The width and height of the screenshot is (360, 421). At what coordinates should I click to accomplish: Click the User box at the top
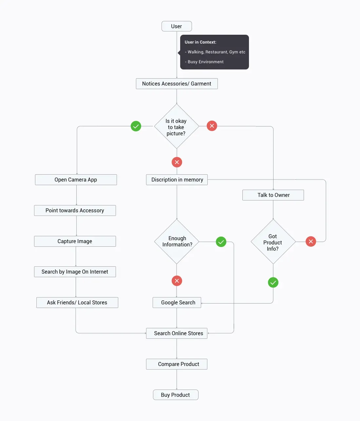coord(177,26)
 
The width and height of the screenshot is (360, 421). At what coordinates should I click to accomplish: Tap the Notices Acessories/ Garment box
coord(177,84)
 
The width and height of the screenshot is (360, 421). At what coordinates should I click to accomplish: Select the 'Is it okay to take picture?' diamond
coord(177,126)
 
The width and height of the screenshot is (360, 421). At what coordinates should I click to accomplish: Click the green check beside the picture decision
coord(136,126)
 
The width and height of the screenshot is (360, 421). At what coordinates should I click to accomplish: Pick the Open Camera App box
coord(76,180)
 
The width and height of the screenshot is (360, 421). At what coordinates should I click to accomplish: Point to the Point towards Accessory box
coord(75,210)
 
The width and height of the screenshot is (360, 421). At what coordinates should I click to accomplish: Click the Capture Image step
coord(75,241)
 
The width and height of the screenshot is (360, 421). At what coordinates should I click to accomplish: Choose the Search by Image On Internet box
coord(75,272)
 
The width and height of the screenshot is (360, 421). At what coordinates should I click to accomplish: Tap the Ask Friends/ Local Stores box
coord(77,302)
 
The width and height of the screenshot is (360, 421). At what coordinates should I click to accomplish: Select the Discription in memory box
coord(177,180)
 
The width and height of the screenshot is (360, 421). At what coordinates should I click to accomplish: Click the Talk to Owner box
coord(273,195)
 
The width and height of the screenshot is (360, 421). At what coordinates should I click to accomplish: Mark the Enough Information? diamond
coord(177,241)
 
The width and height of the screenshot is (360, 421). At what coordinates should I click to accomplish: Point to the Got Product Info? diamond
coord(273,242)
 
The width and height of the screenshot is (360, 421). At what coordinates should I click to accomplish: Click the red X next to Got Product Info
coord(311,241)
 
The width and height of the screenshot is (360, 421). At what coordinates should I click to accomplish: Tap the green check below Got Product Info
coord(273,282)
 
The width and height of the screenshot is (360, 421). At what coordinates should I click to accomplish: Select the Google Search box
coord(177,302)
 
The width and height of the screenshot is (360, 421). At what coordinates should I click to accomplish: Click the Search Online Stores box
coord(177,333)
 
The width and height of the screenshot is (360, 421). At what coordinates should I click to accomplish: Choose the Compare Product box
coord(177,364)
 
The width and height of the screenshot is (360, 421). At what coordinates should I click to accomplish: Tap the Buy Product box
coord(176,395)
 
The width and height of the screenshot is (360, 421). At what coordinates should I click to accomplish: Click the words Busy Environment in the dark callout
coord(205,62)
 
